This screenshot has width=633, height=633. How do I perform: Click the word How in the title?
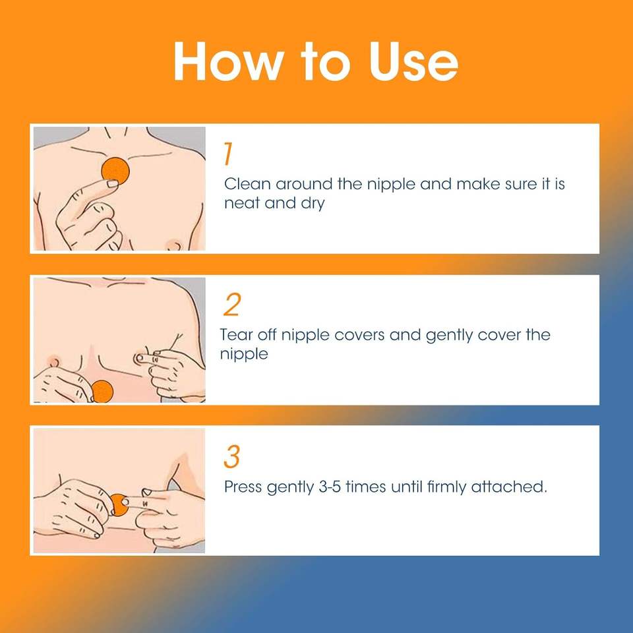tap(227, 61)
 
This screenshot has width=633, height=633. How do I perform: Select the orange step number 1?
tap(228, 154)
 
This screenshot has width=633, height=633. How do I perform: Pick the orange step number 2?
tap(232, 305)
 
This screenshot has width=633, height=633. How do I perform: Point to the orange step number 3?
tap(231, 456)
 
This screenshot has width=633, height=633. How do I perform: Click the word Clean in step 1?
tap(247, 184)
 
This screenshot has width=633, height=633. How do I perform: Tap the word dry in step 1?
tap(313, 204)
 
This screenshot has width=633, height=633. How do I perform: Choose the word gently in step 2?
tap(449, 336)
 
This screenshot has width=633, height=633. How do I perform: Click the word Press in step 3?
tap(243, 487)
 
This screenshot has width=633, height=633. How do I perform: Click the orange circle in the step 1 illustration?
tap(115, 170)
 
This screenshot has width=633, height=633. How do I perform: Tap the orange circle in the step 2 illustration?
tap(102, 391)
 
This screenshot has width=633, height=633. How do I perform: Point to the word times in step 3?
tap(366, 487)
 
